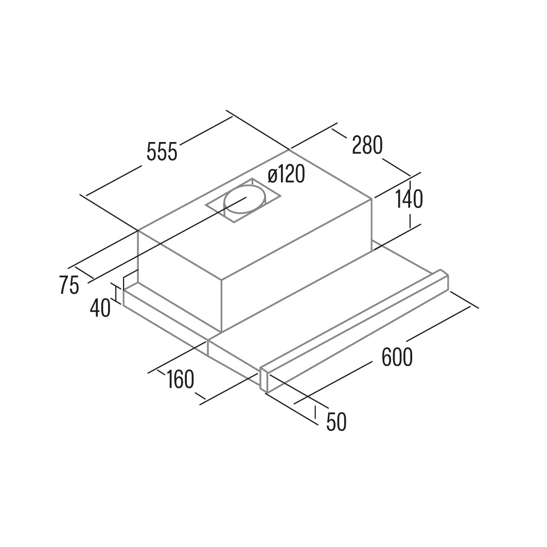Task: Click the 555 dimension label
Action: pyautogui.click(x=162, y=151)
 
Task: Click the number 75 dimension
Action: pyautogui.click(x=69, y=285)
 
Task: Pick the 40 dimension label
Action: pyautogui.click(x=100, y=308)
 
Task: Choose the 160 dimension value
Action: pyautogui.click(x=180, y=380)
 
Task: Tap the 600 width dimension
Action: pyautogui.click(x=397, y=357)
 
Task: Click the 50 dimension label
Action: pyautogui.click(x=337, y=421)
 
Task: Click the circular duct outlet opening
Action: pyautogui.click(x=244, y=201)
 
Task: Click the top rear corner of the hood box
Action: pyautogui.click(x=289, y=150)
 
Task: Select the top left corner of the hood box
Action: pyautogui.click(x=138, y=230)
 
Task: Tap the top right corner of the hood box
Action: pyautogui.click(x=372, y=199)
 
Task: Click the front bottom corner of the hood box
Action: pyautogui.click(x=221, y=331)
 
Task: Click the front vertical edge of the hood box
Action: pyautogui.click(x=221, y=305)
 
